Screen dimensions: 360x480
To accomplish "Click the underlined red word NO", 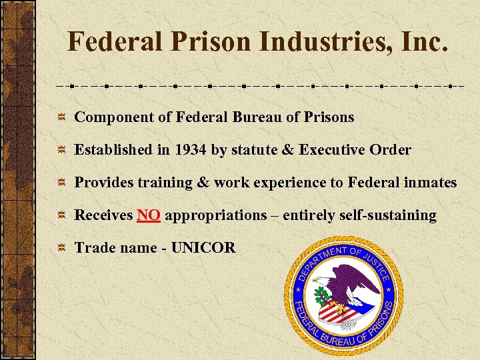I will (148, 215).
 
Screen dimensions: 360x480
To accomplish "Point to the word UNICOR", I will (203, 248).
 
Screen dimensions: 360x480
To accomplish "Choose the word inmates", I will (430, 182).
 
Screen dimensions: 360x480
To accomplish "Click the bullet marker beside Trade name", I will (61, 248).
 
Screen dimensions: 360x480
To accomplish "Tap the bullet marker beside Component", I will (61, 117).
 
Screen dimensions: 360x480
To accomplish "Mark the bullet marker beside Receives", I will (61, 215).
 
